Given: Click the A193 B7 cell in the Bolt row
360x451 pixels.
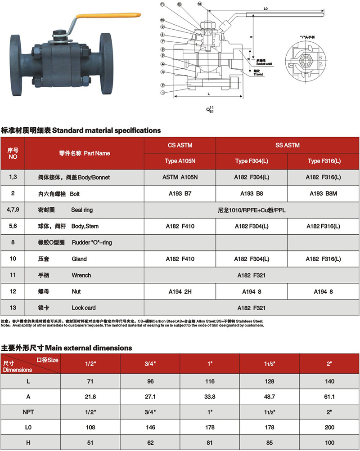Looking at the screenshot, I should (x=180, y=193).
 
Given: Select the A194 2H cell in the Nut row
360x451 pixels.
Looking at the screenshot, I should (x=180, y=291).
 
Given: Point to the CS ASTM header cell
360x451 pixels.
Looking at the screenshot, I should (x=180, y=145).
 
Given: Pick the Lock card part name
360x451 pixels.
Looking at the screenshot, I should (x=84, y=308).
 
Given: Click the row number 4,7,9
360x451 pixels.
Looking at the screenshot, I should (x=13, y=210).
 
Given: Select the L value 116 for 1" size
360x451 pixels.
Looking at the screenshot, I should (x=210, y=381).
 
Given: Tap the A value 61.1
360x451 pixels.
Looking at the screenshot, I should (x=329, y=397).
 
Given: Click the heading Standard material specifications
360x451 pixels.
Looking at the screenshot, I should (x=107, y=130).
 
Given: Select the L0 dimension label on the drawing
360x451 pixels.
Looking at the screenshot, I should (x=265, y=9).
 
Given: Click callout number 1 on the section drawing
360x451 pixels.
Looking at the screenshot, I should (x=163, y=93).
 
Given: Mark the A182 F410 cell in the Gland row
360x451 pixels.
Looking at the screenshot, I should (x=180, y=259).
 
